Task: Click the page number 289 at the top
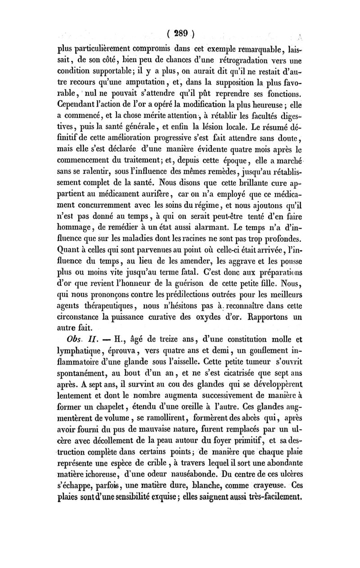coord(180,34)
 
